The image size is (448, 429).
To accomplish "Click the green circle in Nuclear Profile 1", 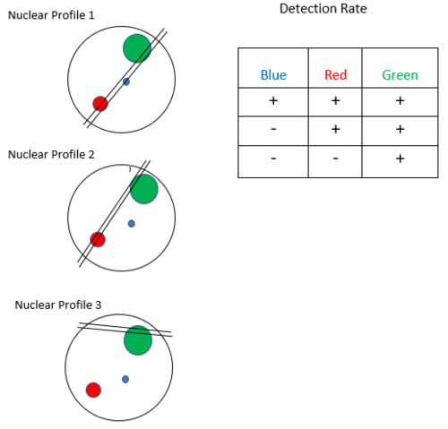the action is point(137,48).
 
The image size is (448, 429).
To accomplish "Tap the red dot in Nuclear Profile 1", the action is point(100,104).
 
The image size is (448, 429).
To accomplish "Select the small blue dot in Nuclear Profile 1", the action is point(126,82).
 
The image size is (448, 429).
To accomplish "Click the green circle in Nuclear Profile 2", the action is point(144,189).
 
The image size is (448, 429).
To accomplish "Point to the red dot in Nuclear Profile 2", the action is point(98,239).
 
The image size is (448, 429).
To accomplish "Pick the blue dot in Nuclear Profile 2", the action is point(132,223).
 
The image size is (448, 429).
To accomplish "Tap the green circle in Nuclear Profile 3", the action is point(138,340).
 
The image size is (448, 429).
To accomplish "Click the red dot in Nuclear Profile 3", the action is point(93,390).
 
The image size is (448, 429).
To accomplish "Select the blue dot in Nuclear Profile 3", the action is point(125,379).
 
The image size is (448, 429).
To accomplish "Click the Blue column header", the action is point(273,75).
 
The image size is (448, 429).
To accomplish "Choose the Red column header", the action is point(336,75).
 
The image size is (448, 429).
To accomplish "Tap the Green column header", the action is point(400,75).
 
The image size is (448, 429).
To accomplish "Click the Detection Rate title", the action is point(323,9).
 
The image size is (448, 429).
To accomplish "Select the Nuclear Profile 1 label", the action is point(51,15).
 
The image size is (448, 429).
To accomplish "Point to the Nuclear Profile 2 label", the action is point(51,155).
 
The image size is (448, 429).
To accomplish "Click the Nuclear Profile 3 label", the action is point(58,305).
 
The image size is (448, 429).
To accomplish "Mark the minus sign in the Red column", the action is point(336,159).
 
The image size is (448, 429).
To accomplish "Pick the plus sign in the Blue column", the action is point(273,100).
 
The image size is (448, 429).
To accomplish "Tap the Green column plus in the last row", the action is point(401,159).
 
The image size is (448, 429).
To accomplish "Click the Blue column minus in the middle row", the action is point(273,129).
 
